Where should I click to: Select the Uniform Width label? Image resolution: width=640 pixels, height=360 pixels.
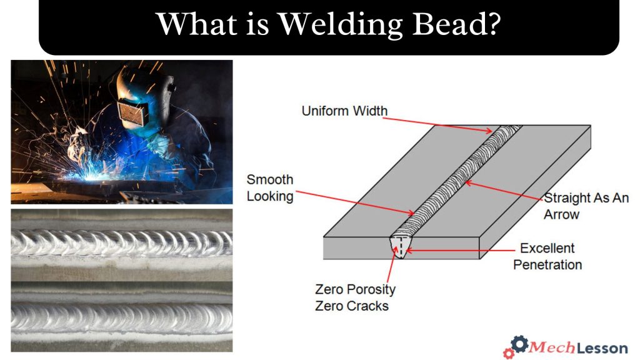[344, 111]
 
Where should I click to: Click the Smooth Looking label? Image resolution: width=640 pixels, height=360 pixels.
[270, 187]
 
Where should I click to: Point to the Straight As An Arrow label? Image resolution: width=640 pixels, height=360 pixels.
[586, 206]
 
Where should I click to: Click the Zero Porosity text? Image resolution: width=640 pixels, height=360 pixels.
[355, 290]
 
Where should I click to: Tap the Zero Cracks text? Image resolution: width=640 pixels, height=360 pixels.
[352, 306]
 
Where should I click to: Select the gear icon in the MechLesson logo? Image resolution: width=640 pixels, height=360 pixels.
[518, 344]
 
